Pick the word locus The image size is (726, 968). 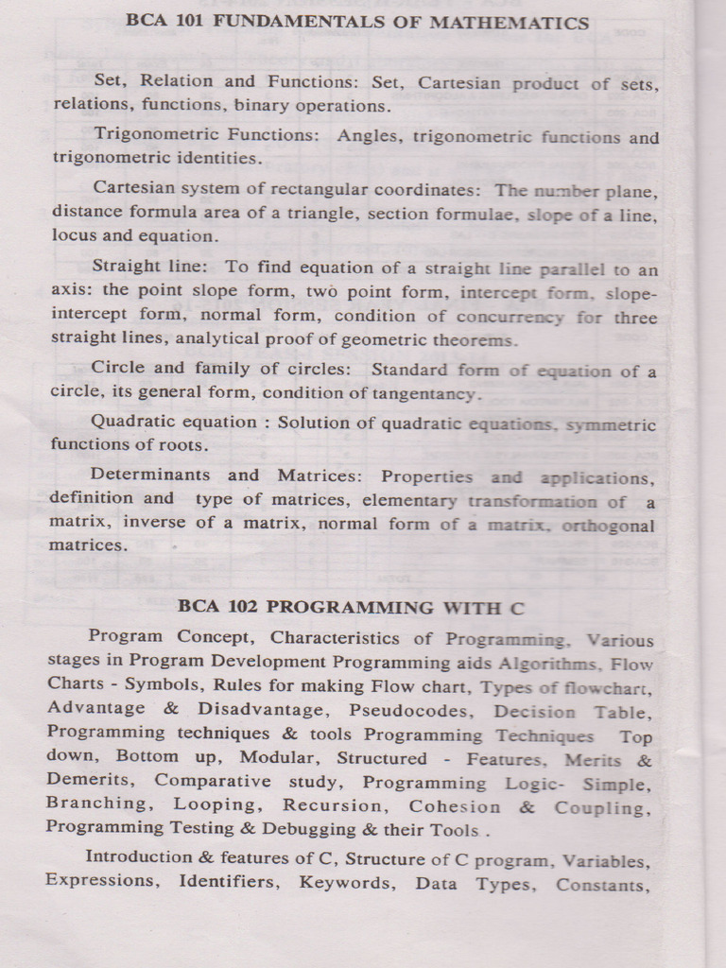click(74, 235)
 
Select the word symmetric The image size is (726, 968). click(610, 425)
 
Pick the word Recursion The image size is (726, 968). click(334, 805)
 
